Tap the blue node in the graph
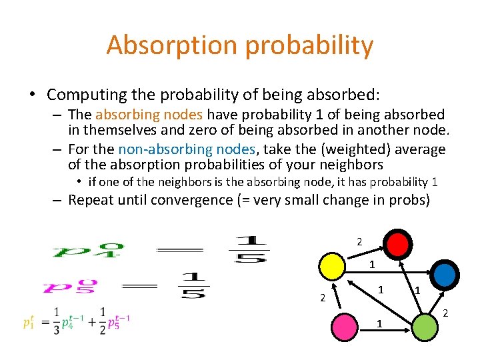pyautogui.click(x=445, y=273)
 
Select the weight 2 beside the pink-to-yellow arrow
pyautogui.click(x=321, y=298)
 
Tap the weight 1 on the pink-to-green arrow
pyautogui.click(x=379, y=324)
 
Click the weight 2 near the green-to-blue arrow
pyautogui.click(x=445, y=313)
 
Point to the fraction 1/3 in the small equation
pyautogui.click(x=57, y=321)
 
